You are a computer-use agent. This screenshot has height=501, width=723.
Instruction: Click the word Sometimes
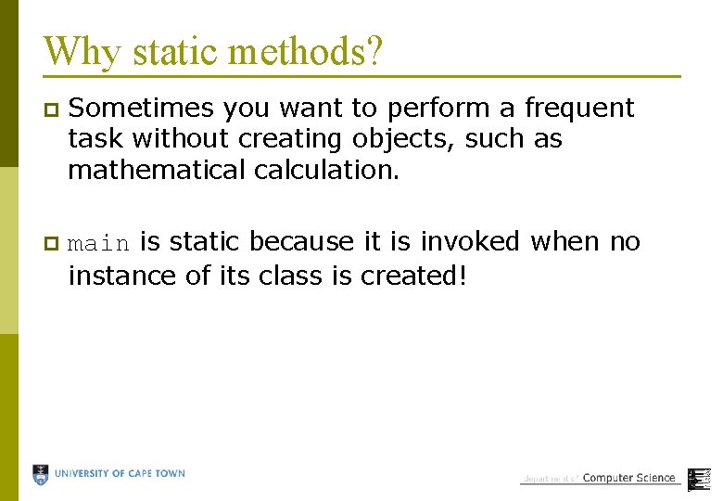[142, 108]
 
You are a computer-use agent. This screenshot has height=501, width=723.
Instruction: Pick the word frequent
[579, 108]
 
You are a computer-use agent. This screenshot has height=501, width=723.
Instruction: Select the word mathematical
[151, 171]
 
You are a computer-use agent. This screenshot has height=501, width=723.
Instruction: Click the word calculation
[330, 171]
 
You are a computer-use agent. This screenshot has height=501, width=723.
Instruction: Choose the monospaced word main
[99, 243]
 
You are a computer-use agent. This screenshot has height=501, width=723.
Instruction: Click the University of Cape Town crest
[41, 475]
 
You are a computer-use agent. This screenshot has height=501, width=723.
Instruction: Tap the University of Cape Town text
[120, 474]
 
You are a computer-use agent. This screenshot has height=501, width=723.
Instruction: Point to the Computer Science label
[628, 478]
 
